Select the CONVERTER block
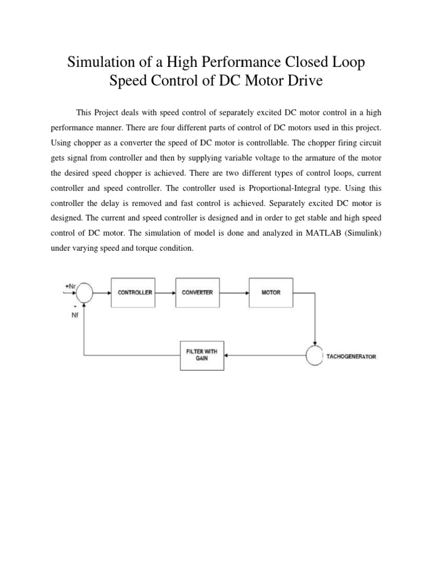[198, 292]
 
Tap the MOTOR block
[271, 292]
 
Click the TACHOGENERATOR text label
[352, 357]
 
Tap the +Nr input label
[70, 286]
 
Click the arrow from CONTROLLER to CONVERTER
[167, 292]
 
